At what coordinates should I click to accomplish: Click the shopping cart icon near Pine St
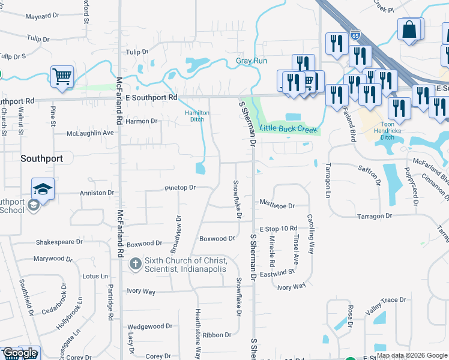point(62,77)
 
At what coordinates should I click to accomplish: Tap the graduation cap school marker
point(43,189)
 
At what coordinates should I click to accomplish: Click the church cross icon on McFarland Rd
point(135,264)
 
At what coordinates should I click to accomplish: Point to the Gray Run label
point(251,61)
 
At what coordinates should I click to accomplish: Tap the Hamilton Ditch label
point(196,116)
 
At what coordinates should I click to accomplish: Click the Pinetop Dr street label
point(180,188)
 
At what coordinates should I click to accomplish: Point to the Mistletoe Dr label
point(277,206)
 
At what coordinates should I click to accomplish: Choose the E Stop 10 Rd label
point(279,229)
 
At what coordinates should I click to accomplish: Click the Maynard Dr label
point(41,16)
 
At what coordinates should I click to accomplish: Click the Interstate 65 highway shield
point(355,35)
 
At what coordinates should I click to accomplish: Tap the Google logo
point(20,353)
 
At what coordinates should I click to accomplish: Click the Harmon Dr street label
point(141,121)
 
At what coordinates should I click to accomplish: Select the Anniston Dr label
point(97,193)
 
